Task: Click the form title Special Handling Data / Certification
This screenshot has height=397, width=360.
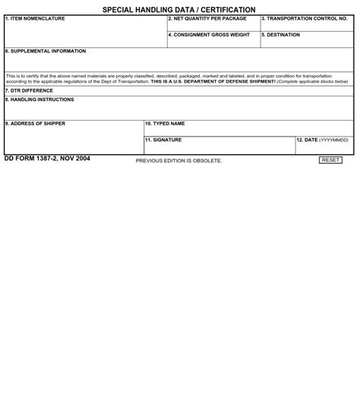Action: [x=179, y=10]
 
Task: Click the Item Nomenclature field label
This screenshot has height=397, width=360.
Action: [x=35, y=19]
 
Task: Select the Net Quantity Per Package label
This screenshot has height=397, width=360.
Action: [x=207, y=19]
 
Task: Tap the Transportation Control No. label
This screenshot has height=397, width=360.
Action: [x=304, y=19]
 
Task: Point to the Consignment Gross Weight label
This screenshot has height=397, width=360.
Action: [x=209, y=35]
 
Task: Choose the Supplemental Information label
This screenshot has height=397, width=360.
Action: [x=46, y=52]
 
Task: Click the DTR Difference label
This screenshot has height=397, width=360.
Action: [x=29, y=91]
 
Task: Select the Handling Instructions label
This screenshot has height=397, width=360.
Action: [x=39, y=100]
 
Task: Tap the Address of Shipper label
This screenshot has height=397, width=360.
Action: [x=35, y=124]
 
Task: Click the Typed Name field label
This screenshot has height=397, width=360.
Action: [x=165, y=124]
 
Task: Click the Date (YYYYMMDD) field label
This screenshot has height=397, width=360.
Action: [x=323, y=140]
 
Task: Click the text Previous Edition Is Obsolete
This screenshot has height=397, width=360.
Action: [x=179, y=161]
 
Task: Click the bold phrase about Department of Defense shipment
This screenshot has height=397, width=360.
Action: [x=213, y=81]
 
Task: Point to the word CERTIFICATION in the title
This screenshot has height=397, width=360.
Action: [x=228, y=10]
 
